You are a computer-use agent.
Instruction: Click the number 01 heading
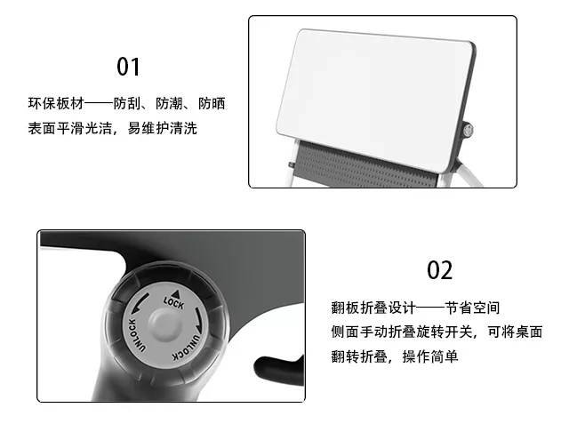(x=129, y=67)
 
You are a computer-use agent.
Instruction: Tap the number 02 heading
(x=440, y=270)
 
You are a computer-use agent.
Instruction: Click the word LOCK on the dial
(x=172, y=302)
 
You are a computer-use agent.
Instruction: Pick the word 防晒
(x=211, y=103)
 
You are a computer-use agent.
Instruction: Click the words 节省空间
(x=474, y=308)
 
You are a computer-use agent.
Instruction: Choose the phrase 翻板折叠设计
(x=372, y=308)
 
